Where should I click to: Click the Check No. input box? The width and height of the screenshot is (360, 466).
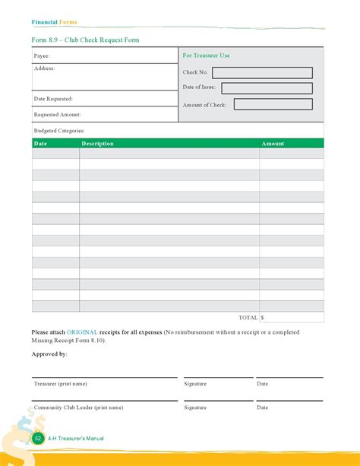click(x=262, y=73)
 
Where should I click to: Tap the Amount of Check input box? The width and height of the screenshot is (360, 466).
click(x=273, y=105)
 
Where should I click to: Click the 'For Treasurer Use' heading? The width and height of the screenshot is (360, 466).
click(x=206, y=55)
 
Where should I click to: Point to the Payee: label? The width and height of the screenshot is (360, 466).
click(x=42, y=56)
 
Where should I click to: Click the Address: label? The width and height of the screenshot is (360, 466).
click(x=44, y=68)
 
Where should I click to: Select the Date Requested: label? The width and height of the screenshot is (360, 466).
click(x=53, y=99)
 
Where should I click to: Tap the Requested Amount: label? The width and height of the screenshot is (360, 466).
click(x=57, y=115)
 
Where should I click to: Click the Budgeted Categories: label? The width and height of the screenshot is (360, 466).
click(x=58, y=131)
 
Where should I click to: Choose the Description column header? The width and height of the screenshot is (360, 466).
click(x=97, y=144)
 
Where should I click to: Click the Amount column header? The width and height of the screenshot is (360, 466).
click(x=273, y=144)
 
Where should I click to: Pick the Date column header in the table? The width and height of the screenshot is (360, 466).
click(x=40, y=144)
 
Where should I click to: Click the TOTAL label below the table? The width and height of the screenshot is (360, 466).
click(x=248, y=318)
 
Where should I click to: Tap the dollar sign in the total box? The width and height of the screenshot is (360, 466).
click(x=263, y=318)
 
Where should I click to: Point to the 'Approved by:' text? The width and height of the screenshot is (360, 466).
click(x=49, y=354)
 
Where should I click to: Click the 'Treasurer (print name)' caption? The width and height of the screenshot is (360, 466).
click(x=61, y=384)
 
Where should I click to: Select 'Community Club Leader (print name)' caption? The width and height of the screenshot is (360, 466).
click(x=78, y=407)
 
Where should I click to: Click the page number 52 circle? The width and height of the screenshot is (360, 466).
click(x=38, y=439)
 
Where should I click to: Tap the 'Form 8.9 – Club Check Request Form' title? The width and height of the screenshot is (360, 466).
click(x=85, y=40)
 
